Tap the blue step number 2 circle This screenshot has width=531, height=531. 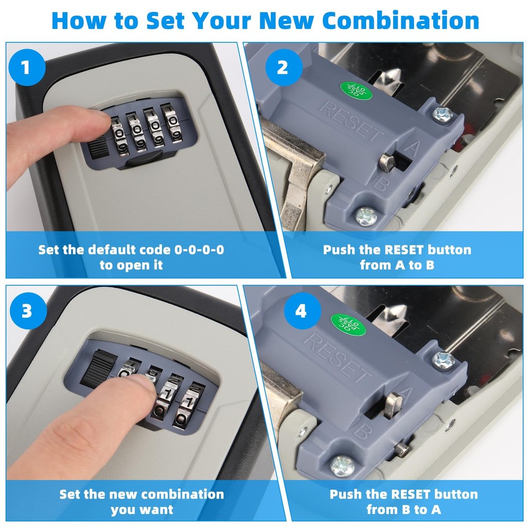(x=282, y=68)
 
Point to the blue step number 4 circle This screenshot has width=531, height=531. (x=301, y=310)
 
